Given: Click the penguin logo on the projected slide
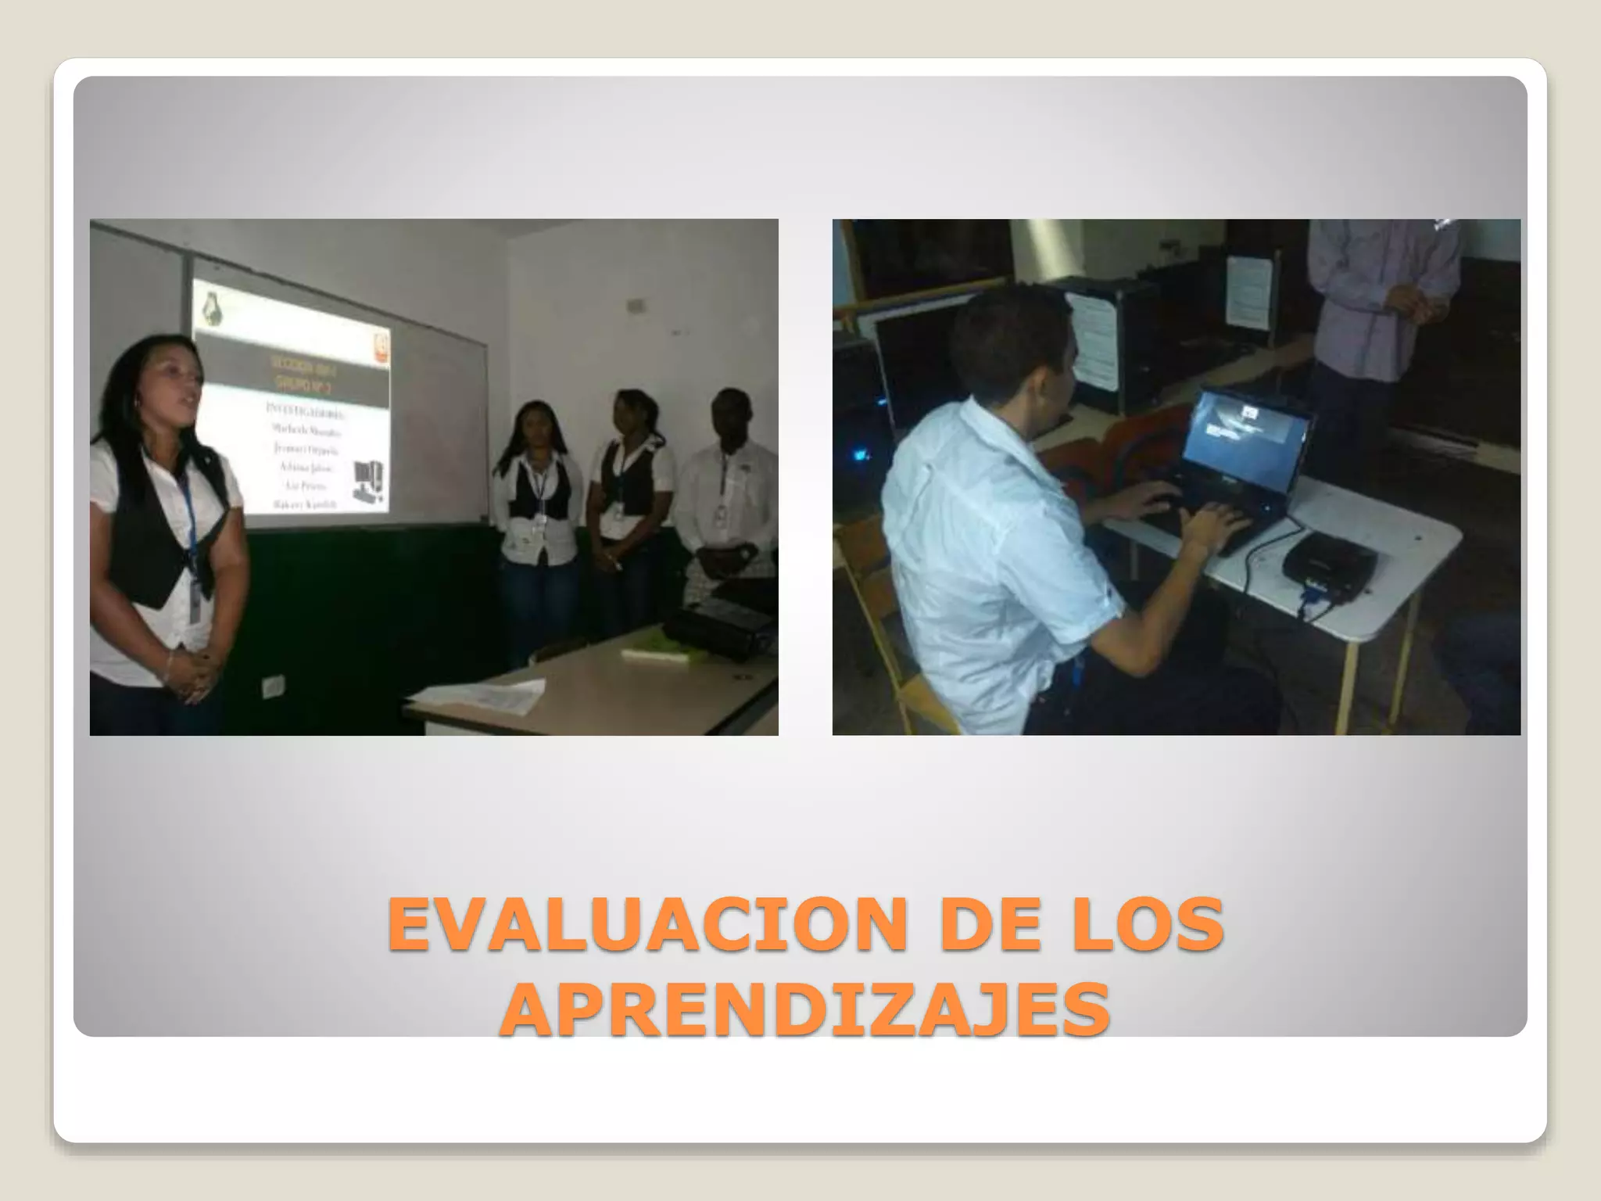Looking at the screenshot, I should [210, 310].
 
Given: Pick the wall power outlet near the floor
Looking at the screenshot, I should [273, 687].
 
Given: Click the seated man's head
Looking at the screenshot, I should [1016, 344].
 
